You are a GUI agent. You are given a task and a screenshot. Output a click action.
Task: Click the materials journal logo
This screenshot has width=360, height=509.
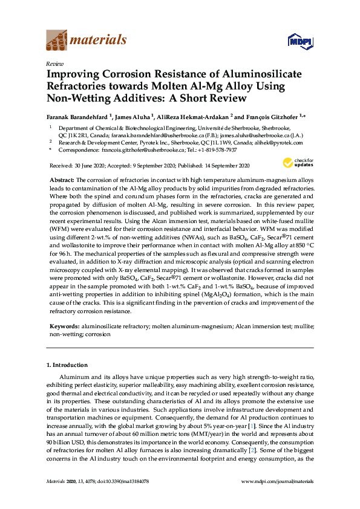[87, 41]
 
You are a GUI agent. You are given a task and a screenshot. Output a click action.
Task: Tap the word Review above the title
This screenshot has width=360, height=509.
[54, 63]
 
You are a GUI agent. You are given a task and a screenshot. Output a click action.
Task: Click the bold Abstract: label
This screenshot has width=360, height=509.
[61, 180]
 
